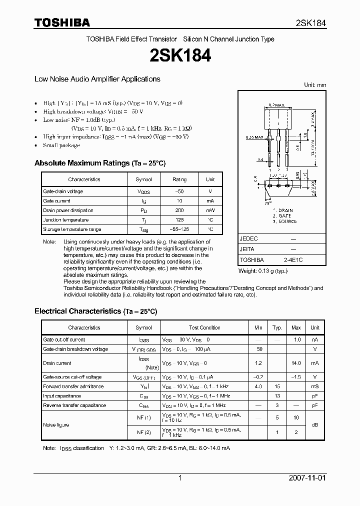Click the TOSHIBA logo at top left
[62, 22]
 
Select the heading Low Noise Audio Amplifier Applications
[97, 79]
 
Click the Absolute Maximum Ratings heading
[99, 163]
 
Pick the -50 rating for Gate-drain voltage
[179, 191]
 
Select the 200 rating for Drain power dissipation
[179, 210]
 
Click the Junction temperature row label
[65, 220]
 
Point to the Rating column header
[179, 179]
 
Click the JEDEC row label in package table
[249, 239]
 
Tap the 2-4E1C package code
[293, 260]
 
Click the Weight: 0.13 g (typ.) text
[263, 271]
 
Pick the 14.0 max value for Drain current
[296, 363]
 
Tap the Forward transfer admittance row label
[73, 386]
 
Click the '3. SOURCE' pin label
[284, 221]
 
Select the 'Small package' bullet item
[61, 145]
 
